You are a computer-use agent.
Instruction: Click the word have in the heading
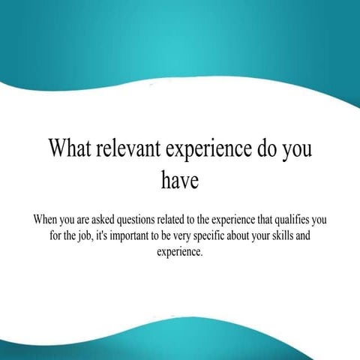pyautogui.click(x=180, y=181)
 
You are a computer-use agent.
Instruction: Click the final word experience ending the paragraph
pyautogui.click(x=179, y=253)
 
